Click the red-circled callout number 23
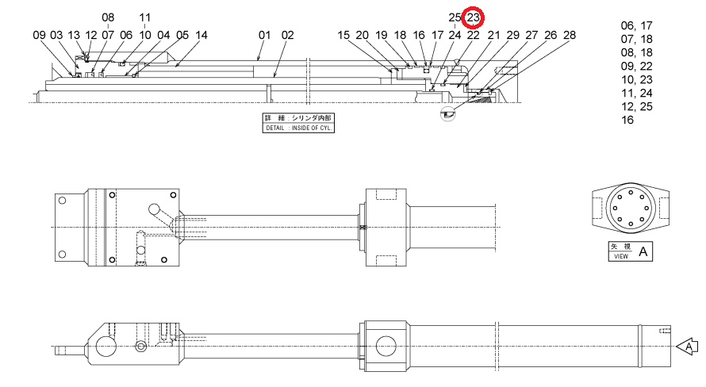tap(474, 17)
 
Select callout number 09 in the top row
tap(39, 35)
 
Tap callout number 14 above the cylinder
tap(201, 35)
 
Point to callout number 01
tap(265, 35)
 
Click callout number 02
tap(288, 35)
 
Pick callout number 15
tap(343, 35)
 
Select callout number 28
tap(570, 35)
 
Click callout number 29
tap(512, 35)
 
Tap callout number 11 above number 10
tap(144, 17)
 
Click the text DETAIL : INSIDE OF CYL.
tap(298, 128)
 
